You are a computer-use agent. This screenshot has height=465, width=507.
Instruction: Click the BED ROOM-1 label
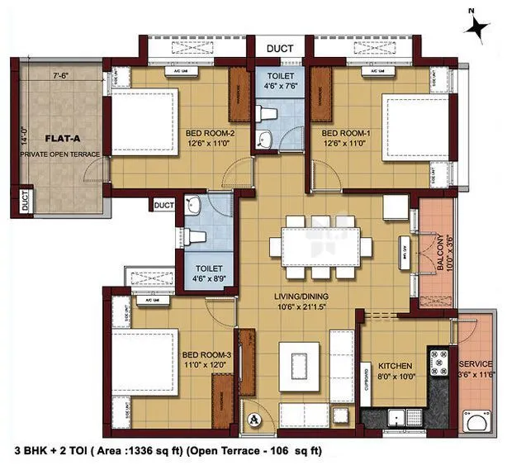(x=341, y=133)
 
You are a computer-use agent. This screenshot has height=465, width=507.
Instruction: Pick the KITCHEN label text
(x=395, y=364)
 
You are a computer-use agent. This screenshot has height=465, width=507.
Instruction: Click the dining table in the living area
(x=318, y=245)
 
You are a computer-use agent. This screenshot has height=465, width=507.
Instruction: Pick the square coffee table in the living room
(x=295, y=361)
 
